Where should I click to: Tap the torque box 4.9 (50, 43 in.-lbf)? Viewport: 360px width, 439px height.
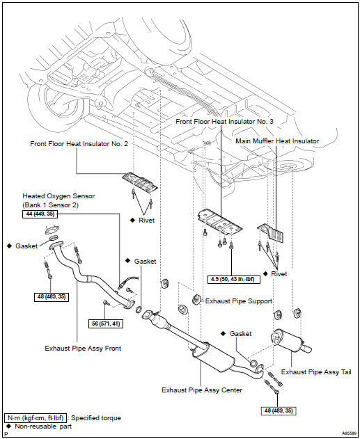(234, 280)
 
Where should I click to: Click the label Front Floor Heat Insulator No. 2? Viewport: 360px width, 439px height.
(79, 144)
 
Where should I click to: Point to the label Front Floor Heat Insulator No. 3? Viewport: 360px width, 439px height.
(224, 122)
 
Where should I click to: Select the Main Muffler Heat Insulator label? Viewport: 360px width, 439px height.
(277, 141)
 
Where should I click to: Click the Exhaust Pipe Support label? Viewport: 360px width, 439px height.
(239, 301)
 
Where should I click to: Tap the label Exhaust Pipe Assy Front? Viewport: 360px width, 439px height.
(83, 349)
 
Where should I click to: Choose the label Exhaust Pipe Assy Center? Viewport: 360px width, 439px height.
(202, 390)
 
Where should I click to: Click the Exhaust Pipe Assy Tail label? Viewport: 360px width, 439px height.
(316, 372)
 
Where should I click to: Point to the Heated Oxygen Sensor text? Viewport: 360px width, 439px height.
(58, 196)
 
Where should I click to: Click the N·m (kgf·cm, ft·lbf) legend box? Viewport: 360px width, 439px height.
(36, 418)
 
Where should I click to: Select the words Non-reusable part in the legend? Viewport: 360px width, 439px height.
(43, 426)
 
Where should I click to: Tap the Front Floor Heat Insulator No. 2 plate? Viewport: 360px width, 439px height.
(140, 182)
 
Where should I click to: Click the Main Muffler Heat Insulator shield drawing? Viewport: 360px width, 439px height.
(271, 232)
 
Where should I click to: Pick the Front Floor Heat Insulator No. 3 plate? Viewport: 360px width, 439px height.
(219, 222)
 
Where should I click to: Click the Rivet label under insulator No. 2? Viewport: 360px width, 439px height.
(146, 221)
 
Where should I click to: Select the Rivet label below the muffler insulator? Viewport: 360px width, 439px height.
(279, 274)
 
